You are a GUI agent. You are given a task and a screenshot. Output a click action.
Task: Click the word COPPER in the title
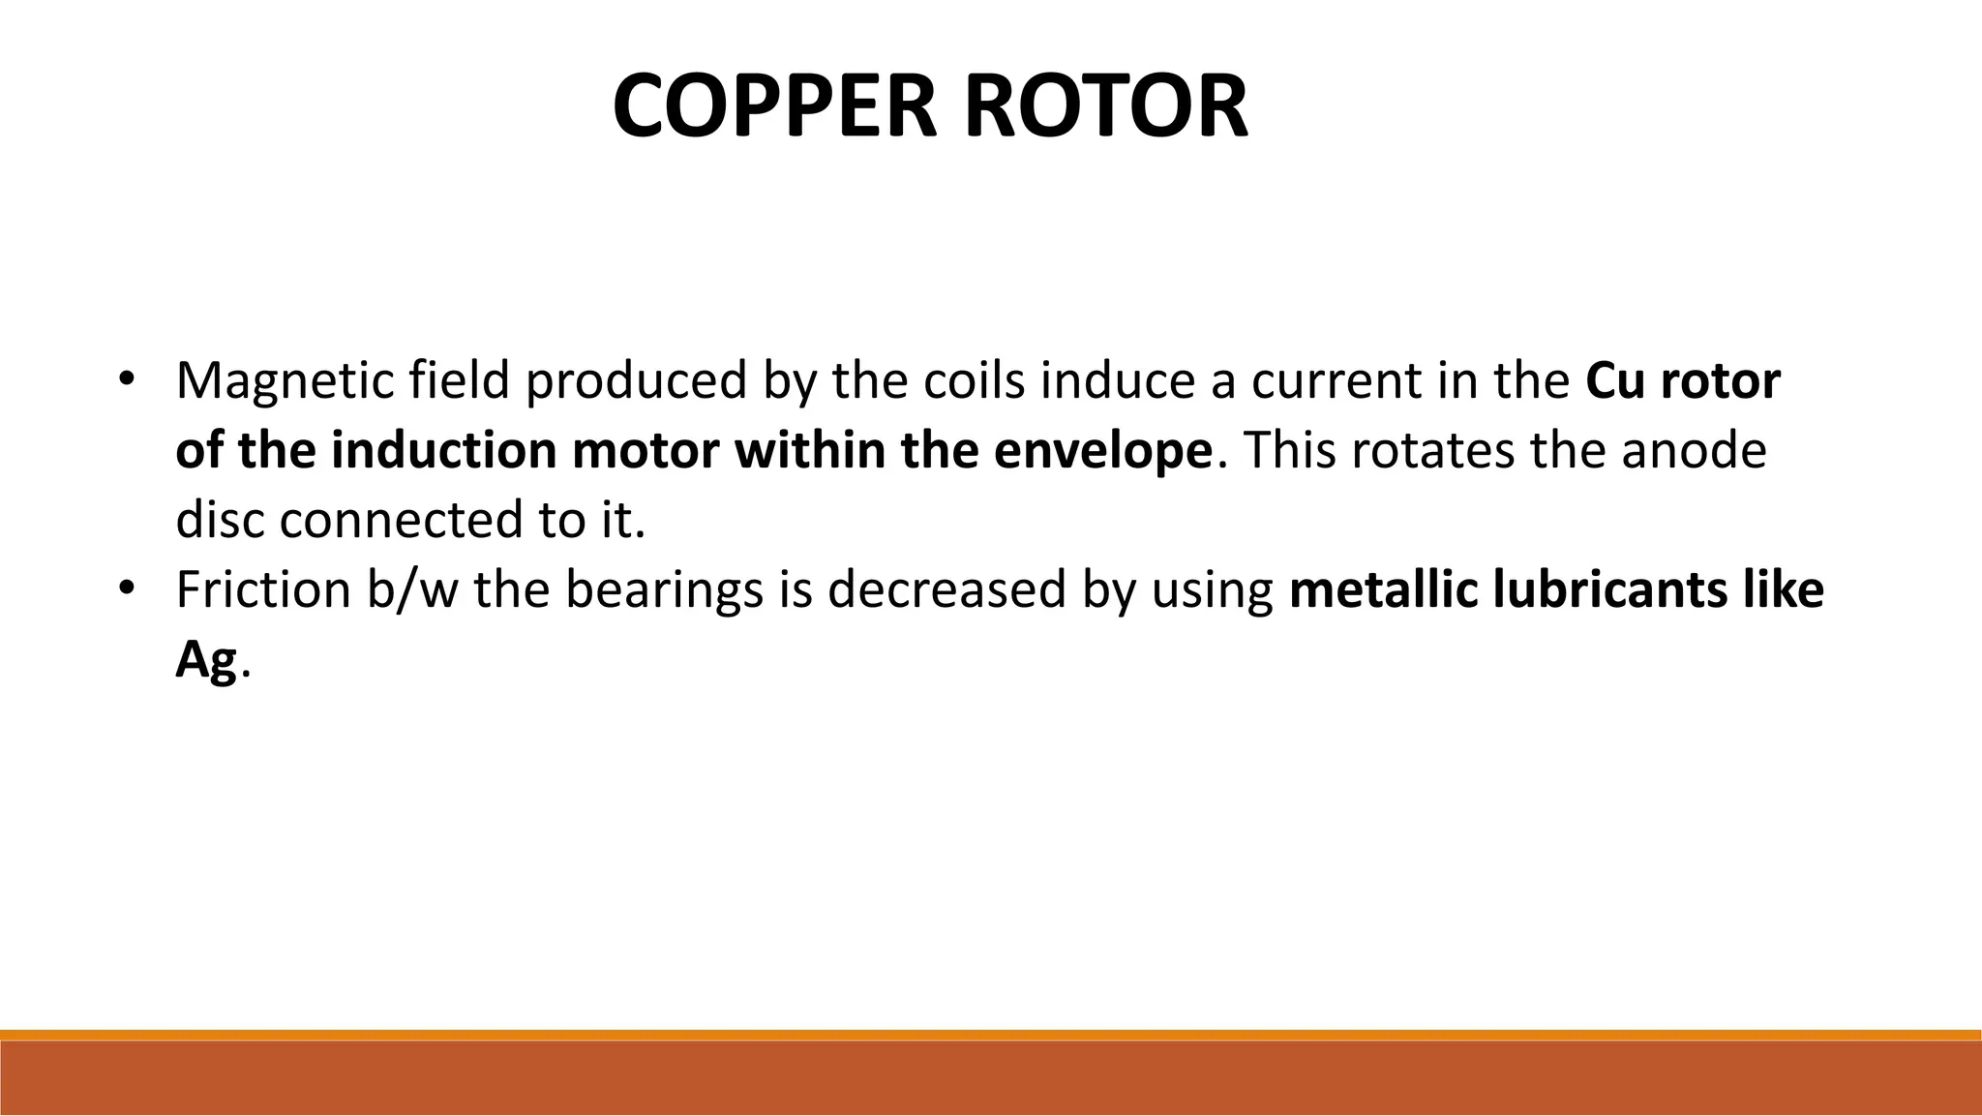point(774,106)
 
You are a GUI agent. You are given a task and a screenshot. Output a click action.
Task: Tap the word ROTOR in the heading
point(1105,106)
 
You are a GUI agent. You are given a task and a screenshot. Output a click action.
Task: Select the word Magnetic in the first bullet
point(285,381)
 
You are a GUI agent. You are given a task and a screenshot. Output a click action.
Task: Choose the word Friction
point(263,590)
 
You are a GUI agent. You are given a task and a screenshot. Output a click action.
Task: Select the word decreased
point(946,590)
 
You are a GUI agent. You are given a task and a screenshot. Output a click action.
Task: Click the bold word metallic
point(1383,590)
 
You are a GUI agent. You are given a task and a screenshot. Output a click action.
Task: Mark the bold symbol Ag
point(206,662)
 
